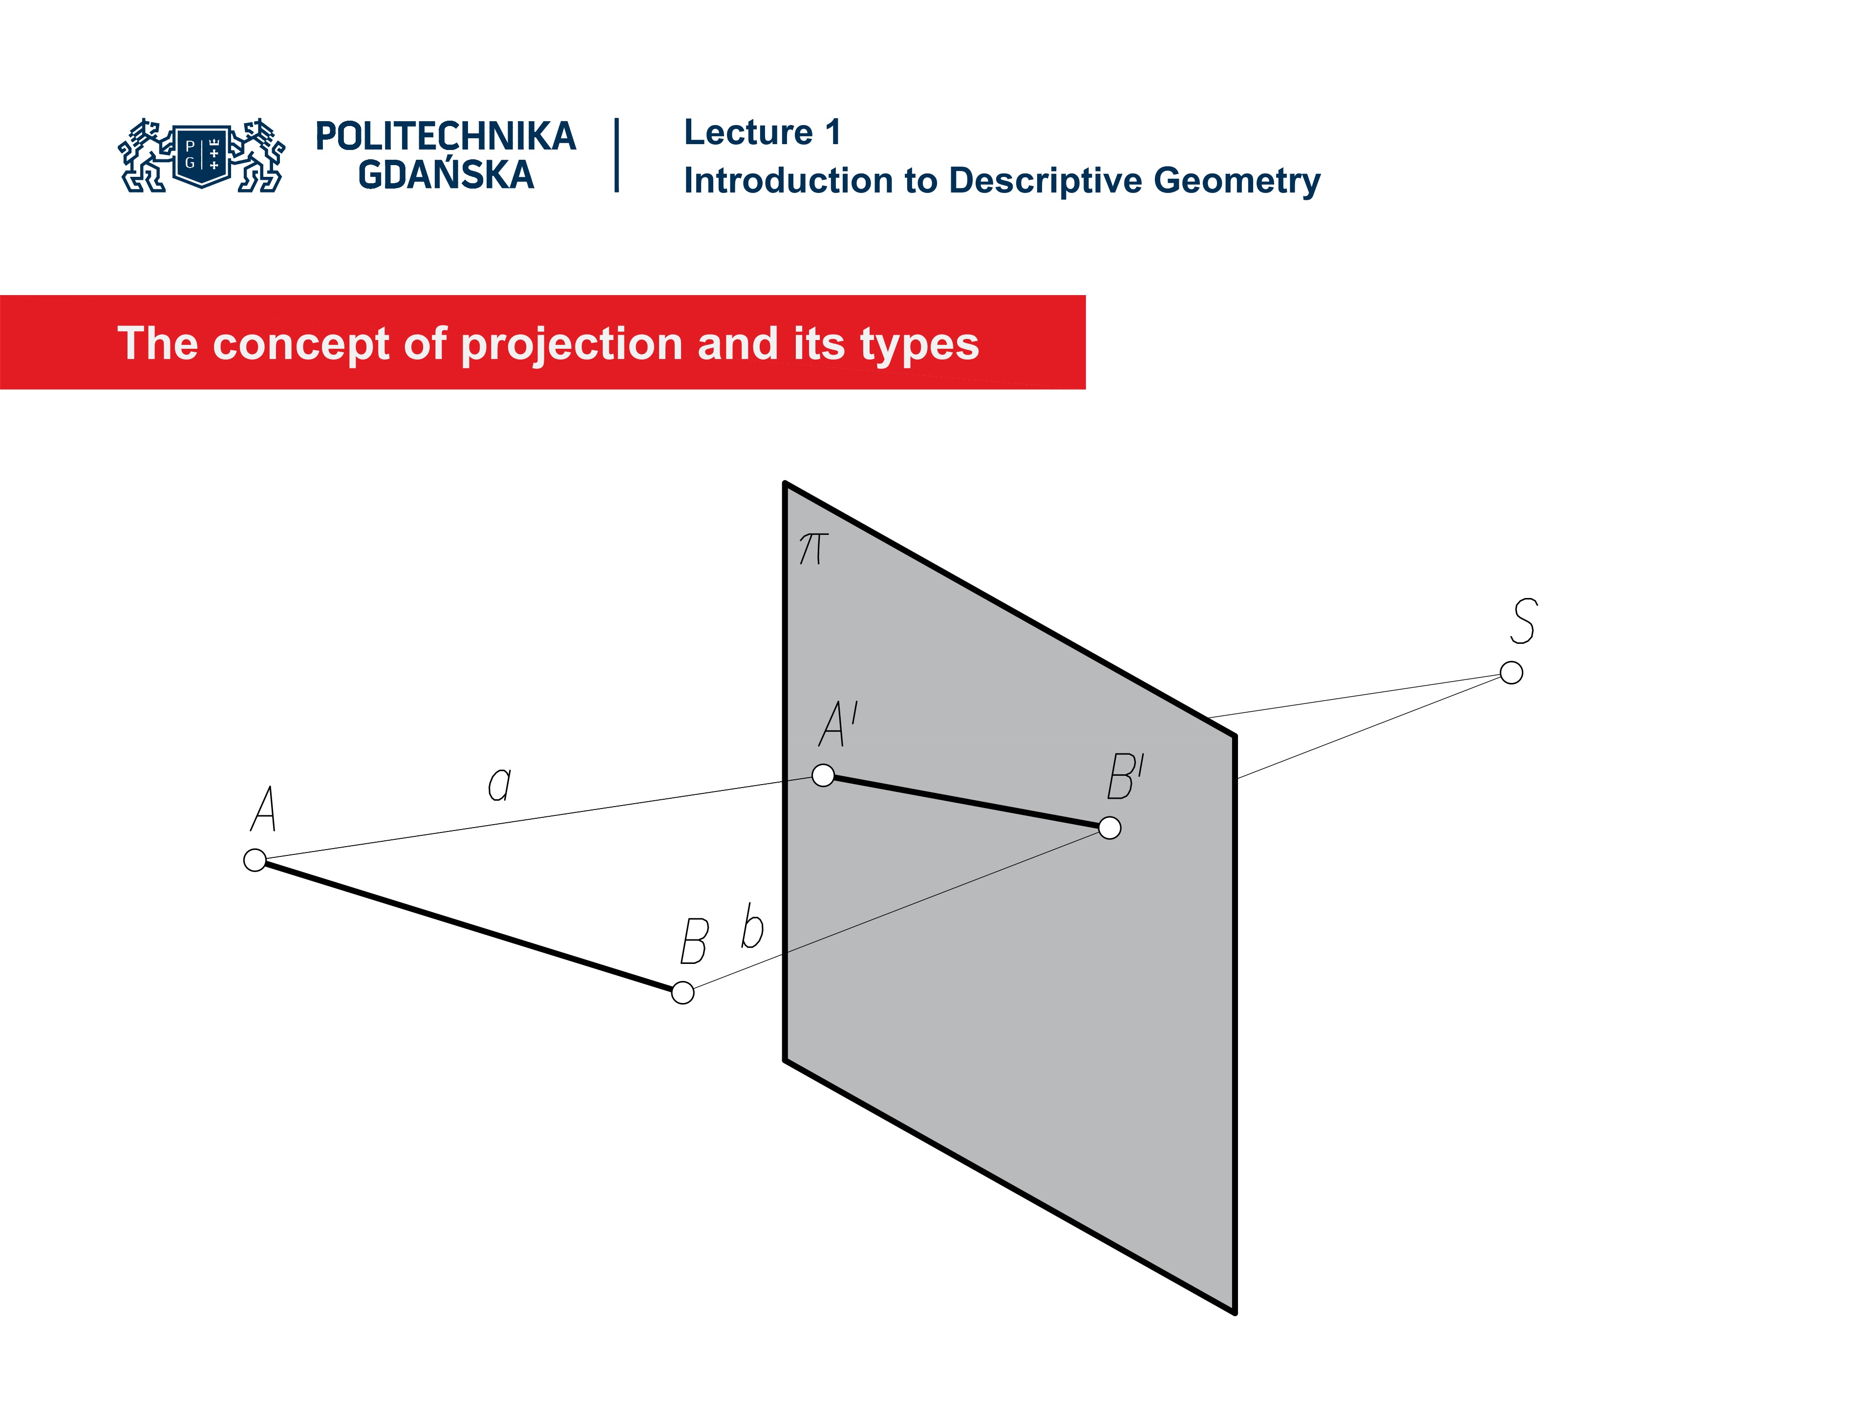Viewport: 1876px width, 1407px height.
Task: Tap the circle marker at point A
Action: [255, 860]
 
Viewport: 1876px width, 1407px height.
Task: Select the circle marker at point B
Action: [682, 992]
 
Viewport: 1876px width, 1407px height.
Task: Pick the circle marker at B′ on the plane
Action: [1109, 828]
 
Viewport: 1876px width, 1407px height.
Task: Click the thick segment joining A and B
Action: [468, 926]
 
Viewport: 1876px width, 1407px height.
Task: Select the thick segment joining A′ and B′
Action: [966, 802]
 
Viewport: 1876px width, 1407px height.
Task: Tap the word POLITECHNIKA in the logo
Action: [445, 136]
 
